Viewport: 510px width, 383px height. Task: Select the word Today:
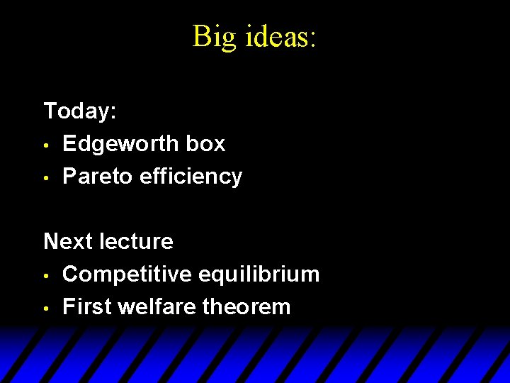[x=80, y=111]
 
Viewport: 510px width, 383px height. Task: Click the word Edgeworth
[x=120, y=144]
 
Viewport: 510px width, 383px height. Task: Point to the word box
[x=205, y=144]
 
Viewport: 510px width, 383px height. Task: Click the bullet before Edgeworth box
[x=46, y=145]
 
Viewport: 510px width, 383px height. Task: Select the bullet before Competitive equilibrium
[x=46, y=276]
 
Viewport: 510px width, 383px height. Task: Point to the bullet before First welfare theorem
[x=46, y=309]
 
